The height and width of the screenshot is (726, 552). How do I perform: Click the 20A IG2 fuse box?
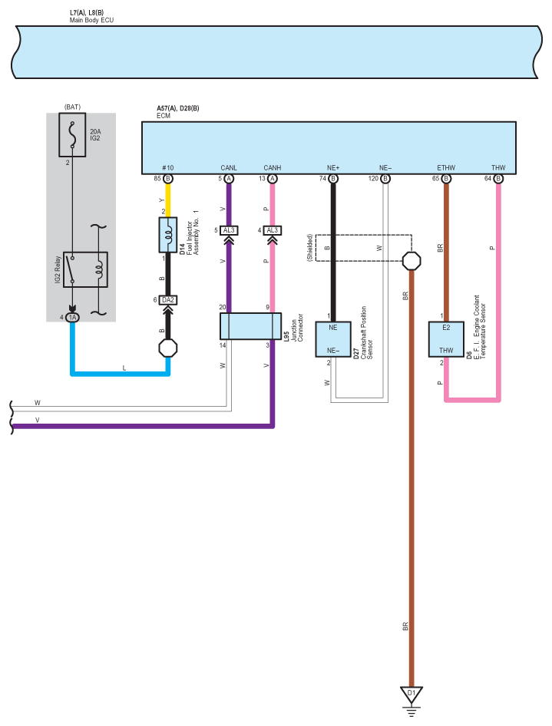tap(72, 135)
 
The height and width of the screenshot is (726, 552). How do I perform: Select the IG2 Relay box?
tap(85, 269)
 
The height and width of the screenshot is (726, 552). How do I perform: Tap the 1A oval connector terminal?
tap(72, 318)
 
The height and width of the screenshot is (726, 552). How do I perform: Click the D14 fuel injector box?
tap(167, 235)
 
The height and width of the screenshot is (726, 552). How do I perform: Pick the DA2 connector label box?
tap(167, 300)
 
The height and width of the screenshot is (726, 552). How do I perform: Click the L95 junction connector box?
tap(250, 326)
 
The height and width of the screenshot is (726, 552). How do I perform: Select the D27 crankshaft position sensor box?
tap(333, 339)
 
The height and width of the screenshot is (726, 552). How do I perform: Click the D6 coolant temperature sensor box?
tap(446, 339)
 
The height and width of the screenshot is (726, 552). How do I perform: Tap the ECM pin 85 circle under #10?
tap(167, 179)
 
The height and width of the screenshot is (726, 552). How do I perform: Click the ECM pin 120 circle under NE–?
tap(385, 179)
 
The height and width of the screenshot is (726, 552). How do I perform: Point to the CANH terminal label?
tap(273, 167)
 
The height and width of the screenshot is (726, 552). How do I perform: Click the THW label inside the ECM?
tap(498, 167)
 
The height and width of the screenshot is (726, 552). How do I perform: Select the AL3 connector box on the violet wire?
tap(229, 230)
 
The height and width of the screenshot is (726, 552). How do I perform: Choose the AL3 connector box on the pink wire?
tap(273, 230)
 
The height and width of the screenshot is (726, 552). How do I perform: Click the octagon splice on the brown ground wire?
tap(412, 261)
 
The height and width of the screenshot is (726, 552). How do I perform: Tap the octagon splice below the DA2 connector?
tap(167, 348)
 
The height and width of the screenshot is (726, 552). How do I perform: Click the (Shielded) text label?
tap(310, 248)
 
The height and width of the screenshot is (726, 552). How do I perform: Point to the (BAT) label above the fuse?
tap(72, 107)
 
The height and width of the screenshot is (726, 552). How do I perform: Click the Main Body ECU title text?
tap(91, 21)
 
